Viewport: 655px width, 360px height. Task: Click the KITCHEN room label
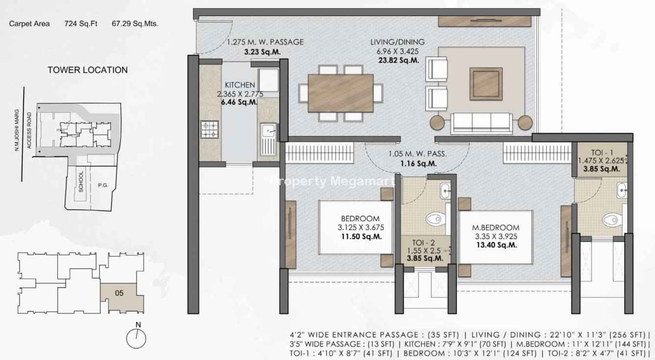240,85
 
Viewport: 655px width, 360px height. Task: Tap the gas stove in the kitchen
210,129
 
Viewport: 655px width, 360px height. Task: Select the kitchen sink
268,139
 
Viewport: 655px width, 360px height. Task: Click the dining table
341,93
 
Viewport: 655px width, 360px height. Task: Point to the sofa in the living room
481,123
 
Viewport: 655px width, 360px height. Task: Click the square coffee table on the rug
486,84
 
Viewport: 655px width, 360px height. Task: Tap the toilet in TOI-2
436,219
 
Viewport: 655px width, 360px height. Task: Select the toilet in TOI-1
613,220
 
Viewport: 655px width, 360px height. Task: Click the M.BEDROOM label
496,228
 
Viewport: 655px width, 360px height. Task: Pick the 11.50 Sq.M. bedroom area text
361,236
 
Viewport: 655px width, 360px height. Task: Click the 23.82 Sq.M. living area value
399,60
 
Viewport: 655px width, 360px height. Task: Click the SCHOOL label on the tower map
81,181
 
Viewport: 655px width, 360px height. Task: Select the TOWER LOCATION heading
88,70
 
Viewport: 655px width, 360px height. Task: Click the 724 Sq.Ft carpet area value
81,24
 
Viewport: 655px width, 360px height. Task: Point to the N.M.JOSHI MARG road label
17,130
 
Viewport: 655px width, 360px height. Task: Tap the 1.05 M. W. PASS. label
418,154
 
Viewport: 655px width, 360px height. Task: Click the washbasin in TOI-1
622,190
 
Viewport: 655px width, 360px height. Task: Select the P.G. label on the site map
103,185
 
